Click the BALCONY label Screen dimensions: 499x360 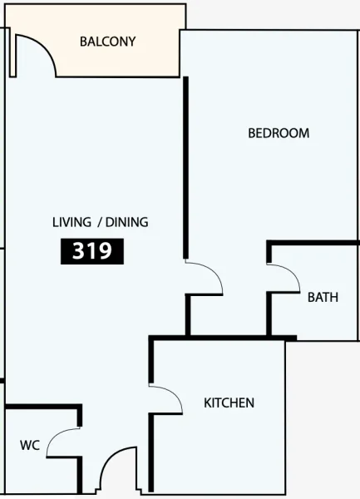[107, 42]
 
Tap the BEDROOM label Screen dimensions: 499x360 [279, 133]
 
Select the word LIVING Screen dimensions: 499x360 [72, 222]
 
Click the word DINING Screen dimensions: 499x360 [126, 222]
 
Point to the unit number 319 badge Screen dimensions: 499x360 [92, 251]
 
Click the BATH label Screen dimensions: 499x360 [323, 297]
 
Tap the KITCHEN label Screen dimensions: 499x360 [229, 403]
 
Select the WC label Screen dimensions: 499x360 [30, 446]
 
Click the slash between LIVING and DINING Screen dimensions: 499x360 [100, 222]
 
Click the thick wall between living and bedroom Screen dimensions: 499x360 [185, 166]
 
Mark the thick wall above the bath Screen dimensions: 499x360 [313, 243]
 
